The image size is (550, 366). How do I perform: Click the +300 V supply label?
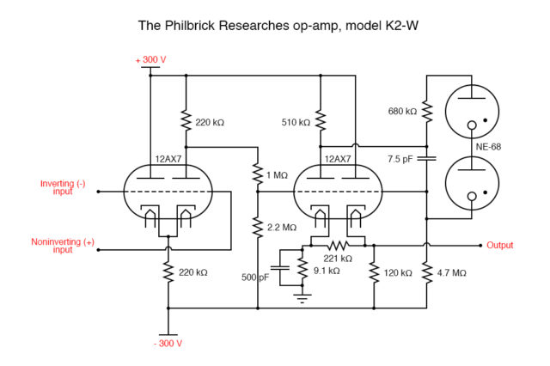(151, 60)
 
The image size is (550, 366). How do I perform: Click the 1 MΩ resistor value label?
(277, 175)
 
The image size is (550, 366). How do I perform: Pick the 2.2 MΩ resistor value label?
(281, 227)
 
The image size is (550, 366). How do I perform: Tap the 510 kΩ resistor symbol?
(320, 122)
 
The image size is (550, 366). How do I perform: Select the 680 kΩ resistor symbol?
(426, 112)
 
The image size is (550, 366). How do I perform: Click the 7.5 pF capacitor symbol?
(426, 159)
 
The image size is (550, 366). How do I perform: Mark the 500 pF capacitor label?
(255, 278)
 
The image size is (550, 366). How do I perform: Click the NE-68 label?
(488, 147)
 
